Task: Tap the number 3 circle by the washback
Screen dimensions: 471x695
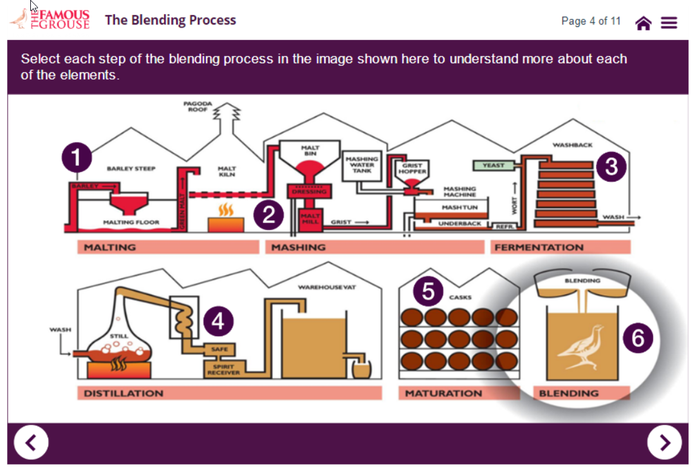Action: [x=611, y=167]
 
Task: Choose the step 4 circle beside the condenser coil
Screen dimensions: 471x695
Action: [x=218, y=321]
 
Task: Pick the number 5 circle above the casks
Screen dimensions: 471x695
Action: [x=428, y=291]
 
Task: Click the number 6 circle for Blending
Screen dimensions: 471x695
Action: [x=638, y=338]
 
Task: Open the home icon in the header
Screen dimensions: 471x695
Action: [x=643, y=23]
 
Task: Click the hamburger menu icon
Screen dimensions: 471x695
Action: [x=669, y=23]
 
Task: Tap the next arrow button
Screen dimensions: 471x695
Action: [x=665, y=443]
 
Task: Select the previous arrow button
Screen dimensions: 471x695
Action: [x=31, y=443]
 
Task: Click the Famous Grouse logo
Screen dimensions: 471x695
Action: [x=50, y=19]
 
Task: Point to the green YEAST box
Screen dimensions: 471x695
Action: [x=494, y=166]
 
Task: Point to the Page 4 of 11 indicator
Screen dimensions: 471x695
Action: [x=591, y=21]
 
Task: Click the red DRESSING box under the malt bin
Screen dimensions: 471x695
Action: [x=310, y=191]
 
